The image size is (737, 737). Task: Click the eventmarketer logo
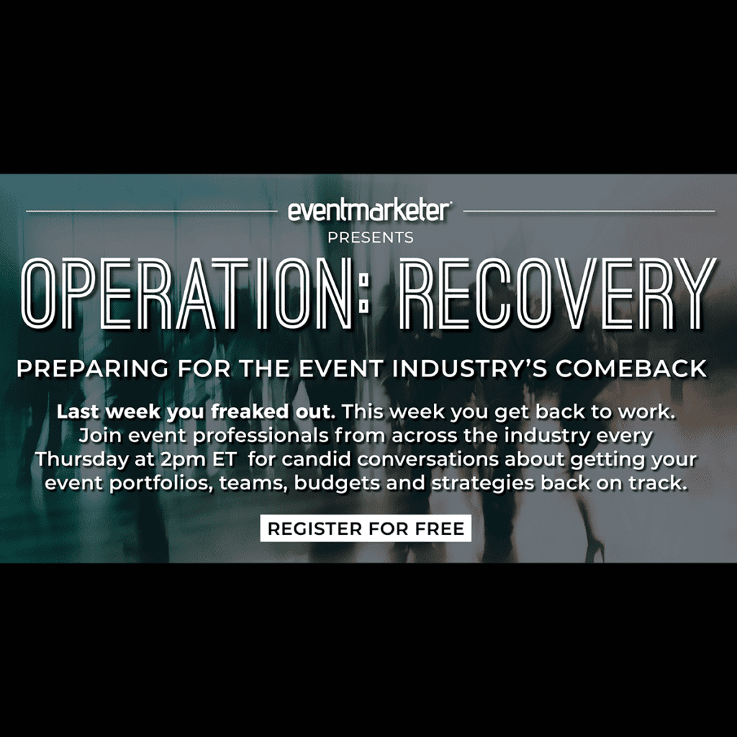tap(370, 211)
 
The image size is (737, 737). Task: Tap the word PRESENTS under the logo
tap(371, 238)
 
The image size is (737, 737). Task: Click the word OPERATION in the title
tap(186, 294)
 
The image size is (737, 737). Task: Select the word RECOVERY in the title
tap(559, 294)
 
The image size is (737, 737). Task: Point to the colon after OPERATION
tap(363, 294)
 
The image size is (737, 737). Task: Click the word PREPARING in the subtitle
tap(93, 368)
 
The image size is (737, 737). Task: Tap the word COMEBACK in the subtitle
tap(631, 368)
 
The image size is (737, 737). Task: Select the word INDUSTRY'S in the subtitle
tap(470, 368)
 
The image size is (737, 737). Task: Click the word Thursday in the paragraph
tap(82, 459)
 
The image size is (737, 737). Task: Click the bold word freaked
tap(248, 412)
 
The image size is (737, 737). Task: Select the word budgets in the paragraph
tap(337, 484)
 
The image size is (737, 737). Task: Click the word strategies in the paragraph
tap(483, 484)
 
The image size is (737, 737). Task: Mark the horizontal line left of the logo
tap(152, 211)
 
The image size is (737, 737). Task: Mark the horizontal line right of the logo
tap(589, 211)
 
